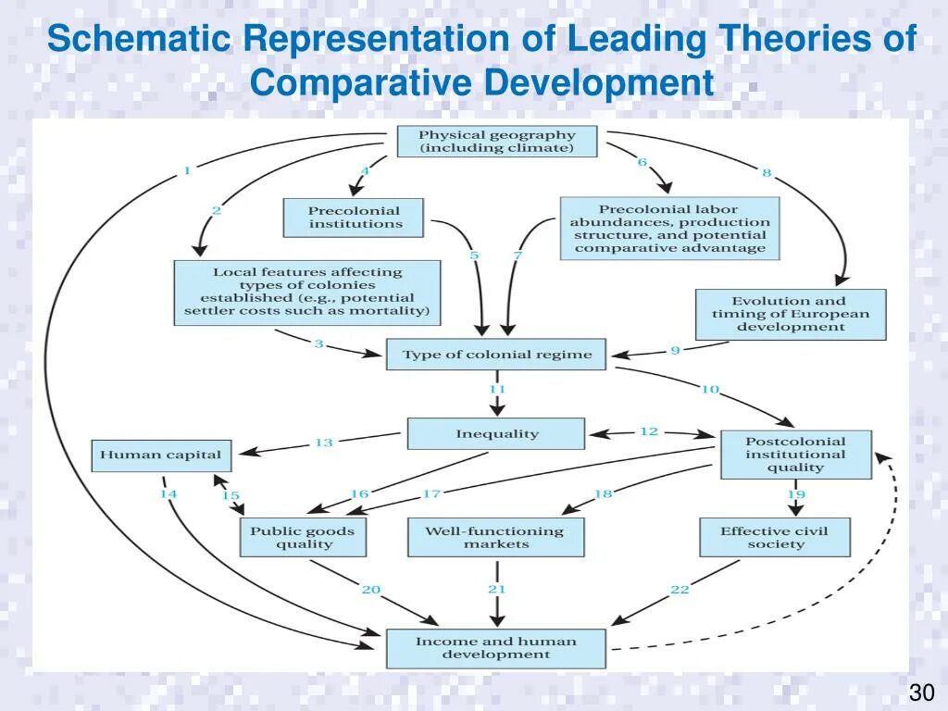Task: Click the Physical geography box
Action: pos(496,142)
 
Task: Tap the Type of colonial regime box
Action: pos(496,355)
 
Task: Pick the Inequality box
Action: pos(496,433)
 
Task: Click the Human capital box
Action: pos(160,455)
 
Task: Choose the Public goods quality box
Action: pos(303,537)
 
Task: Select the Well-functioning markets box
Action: pos(495,537)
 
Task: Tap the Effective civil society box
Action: pos(774,537)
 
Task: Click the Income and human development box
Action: pos(495,648)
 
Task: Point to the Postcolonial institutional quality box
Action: pos(795,455)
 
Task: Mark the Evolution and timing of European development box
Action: pos(790,314)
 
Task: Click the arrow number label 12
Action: pos(649,431)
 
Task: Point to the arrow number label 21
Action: pos(497,589)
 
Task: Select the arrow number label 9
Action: pos(675,350)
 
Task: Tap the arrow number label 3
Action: pos(318,343)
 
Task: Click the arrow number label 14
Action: pos(168,494)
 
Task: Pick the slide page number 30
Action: pos(920,692)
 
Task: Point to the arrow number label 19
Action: pos(796,494)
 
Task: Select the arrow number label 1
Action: pos(187,169)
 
